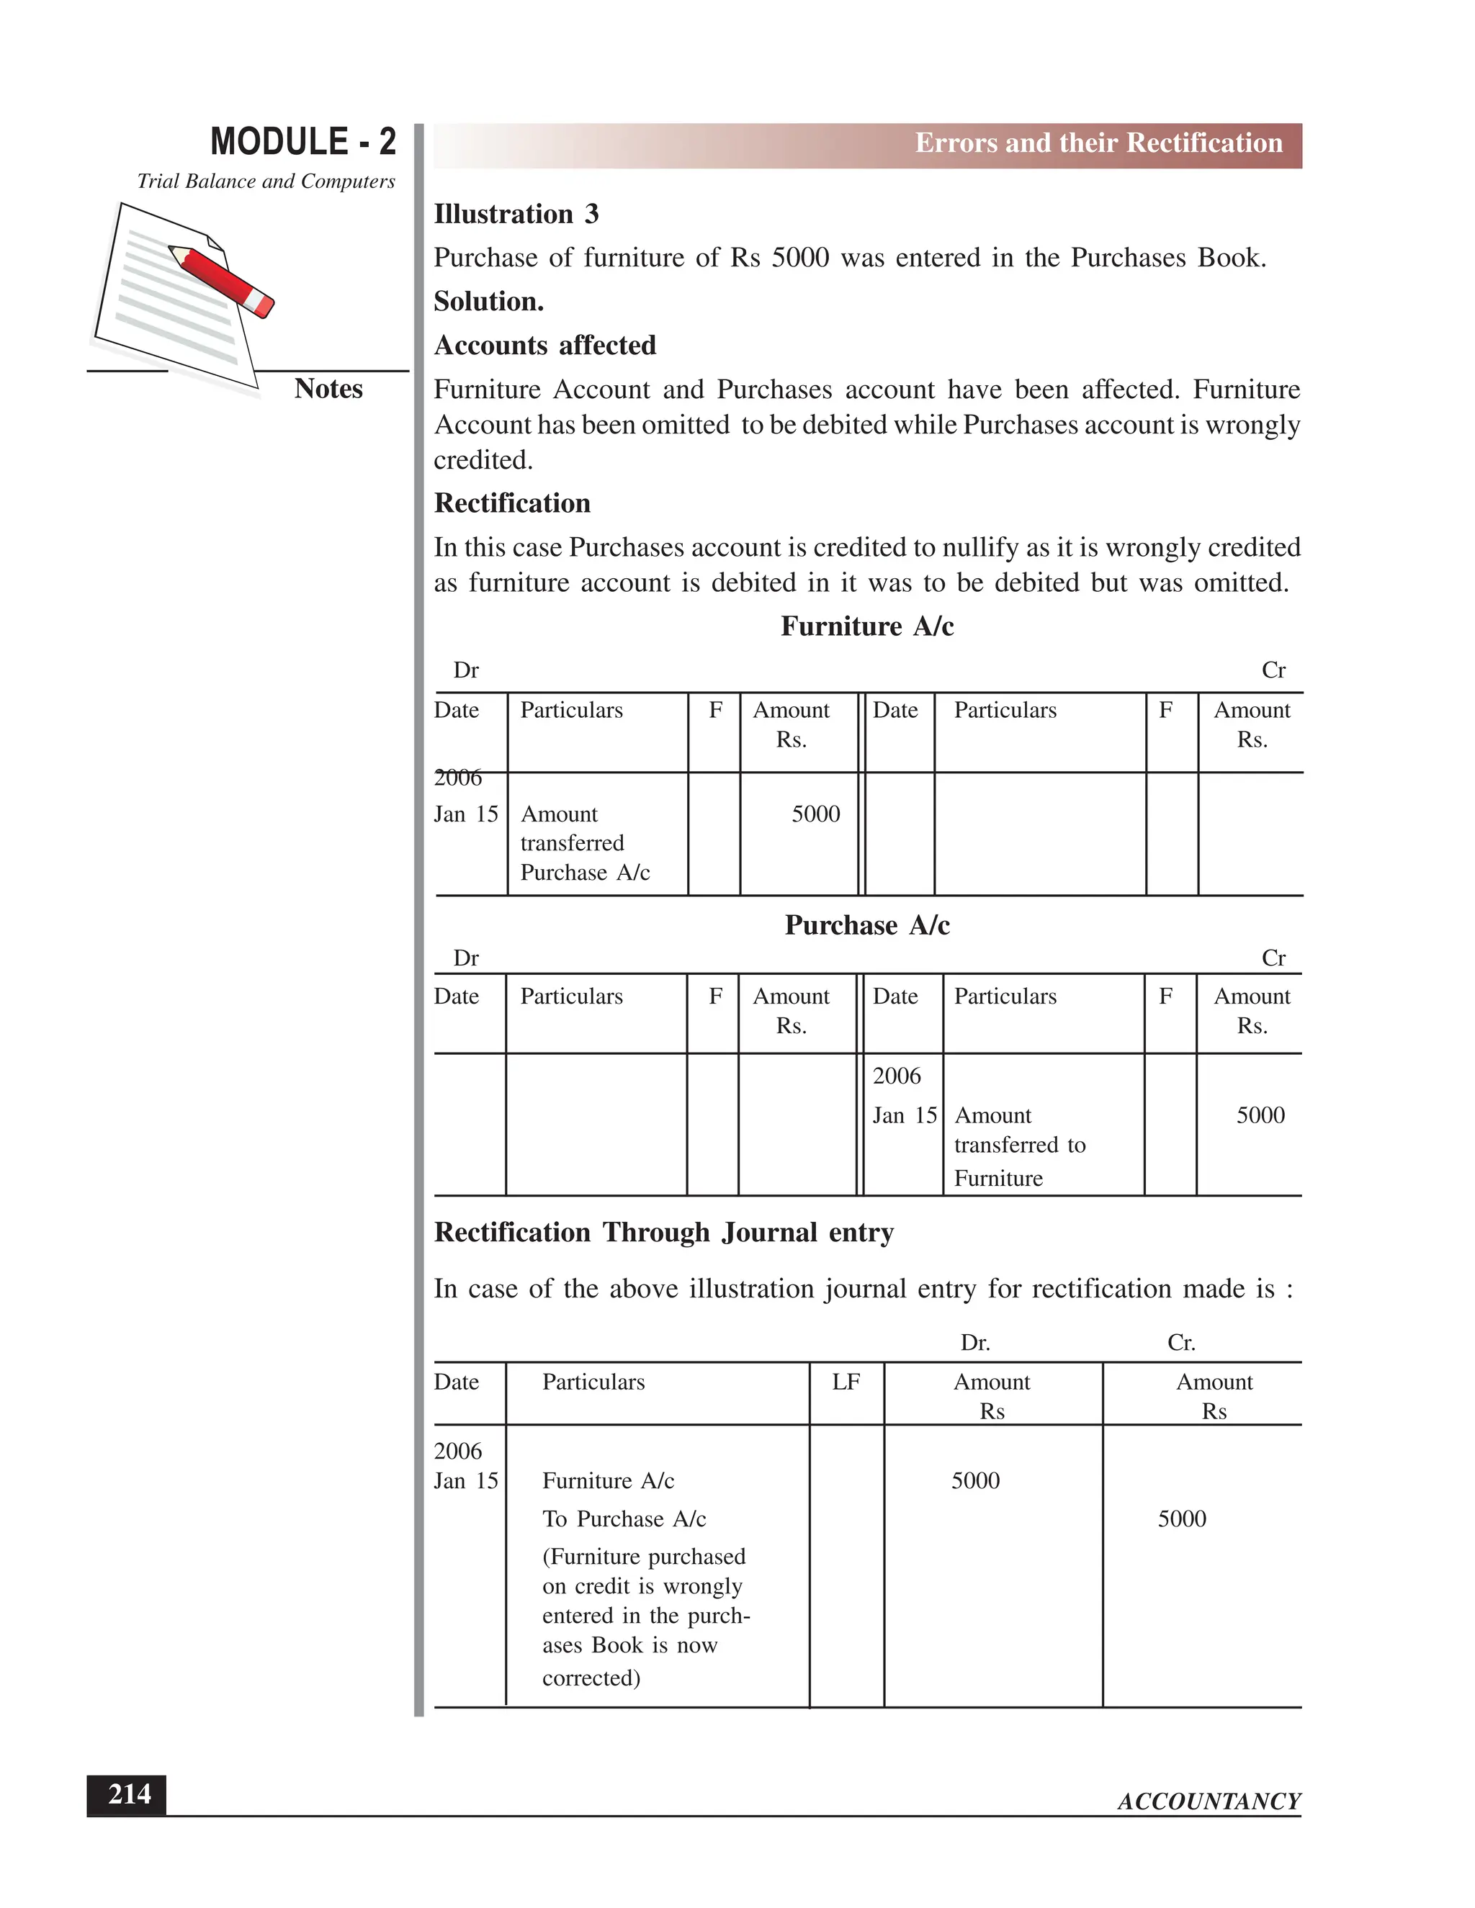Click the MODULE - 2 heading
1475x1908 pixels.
pyautogui.click(x=302, y=142)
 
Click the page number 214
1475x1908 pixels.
pyautogui.click(x=128, y=1794)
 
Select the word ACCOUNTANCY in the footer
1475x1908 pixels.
pyautogui.click(x=1209, y=1801)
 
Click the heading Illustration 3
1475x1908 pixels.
pyautogui.click(x=516, y=214)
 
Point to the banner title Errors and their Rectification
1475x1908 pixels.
pyautogui.click(x=1098, y=143)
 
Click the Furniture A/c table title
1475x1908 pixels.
pyautogui.click(x=867, y=626)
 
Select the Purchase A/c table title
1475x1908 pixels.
pyautogui.click(x=867, y=925)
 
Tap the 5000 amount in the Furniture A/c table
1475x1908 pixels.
pyautogui.click(x=815, y=814)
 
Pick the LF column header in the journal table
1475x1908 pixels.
pyautogui.click(x=846, y=1382)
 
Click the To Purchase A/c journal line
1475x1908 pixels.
pyautogui.click(x=624, y=1519)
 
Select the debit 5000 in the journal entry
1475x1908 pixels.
pyautogui.click(x=975, y=1481)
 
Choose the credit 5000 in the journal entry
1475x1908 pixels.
pyautogui.click(x=1181, y=1519)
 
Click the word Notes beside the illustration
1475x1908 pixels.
pyautogui.click(x=328, y=389)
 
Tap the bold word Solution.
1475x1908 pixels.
pyautogui.click(x=488, y=302)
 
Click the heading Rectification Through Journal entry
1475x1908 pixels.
pyautogui.click(x=664, y=1233)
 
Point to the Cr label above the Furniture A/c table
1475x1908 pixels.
pyautogui.click(x=1273, y=670)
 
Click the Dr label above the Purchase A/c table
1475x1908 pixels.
pyautogui.click(x=466, y=958)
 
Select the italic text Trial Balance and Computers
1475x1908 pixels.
pyautogui.click(x=266, y=181)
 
